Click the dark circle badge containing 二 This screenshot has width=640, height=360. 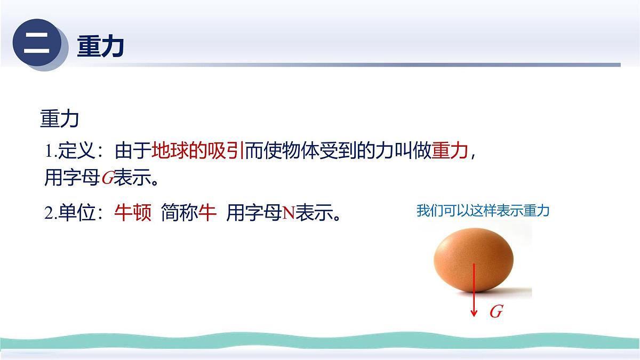point(36,45)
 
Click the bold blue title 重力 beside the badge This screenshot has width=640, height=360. point(101,46)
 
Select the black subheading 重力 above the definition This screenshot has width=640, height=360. point(59,119)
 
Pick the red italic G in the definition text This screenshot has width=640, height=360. point(107,179)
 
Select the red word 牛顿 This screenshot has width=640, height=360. point(133,213)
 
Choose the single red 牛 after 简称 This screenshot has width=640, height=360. point(207,213)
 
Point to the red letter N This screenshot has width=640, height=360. point(289,214)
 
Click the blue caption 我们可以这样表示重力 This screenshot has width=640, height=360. point(483,211)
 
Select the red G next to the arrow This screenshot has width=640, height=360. point(496,312)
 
